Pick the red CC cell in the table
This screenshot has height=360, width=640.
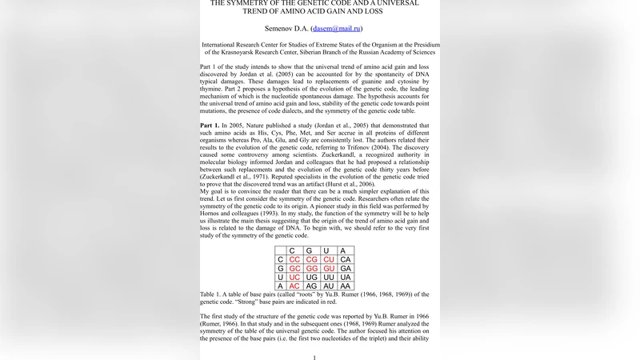[294, 260]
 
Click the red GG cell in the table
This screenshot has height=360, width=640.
[311, 269]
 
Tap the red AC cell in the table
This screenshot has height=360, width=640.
[294, 286]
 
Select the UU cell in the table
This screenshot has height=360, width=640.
[328, 278]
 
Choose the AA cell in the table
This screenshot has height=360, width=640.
[346, 286]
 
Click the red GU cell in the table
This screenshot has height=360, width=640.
[328, 269]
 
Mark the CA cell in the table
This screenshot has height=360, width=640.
[346, 260]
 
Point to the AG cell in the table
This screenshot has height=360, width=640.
[311, 286]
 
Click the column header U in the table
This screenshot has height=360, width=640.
[328, 251]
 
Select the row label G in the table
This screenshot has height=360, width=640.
[280, 269]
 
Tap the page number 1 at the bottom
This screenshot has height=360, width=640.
[314, 358]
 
